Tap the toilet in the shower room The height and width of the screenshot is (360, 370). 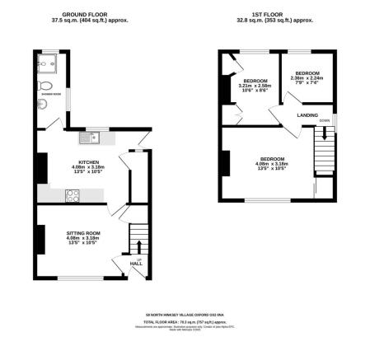[48, 86]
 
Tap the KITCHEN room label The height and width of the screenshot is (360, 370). [89, 162]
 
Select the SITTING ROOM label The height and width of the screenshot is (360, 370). [83, 234]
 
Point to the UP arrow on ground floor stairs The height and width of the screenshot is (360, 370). [138, 245]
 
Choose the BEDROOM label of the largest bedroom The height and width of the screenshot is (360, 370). [272, 159]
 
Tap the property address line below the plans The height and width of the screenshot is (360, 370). [185, 314]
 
